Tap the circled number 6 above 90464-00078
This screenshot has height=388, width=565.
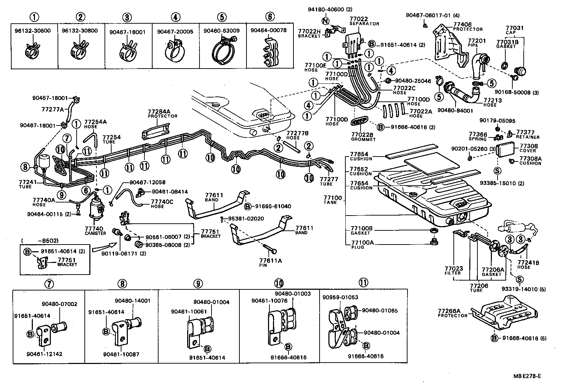(269, 17)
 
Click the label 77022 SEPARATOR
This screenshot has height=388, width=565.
(364, 21)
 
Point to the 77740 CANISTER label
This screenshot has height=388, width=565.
(95, 231)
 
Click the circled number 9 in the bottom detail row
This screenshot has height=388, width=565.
(198, 283)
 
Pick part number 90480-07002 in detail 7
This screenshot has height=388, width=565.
(59, 304)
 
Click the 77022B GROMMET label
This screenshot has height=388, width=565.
(363, 137)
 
